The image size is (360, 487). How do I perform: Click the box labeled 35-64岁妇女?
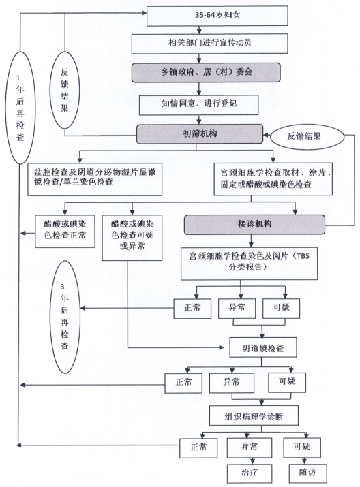(217, 16)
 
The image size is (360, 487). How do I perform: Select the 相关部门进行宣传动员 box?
(210, 44)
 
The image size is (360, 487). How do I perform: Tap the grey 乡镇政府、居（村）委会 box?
(206, 73)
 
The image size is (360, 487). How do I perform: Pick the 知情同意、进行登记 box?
(199, 105)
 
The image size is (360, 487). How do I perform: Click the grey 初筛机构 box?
(200, 134)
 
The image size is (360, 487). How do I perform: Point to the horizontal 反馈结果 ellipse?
(307, 137)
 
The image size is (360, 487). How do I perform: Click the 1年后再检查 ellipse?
(20, 108)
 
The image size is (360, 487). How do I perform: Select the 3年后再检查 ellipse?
(65, 317)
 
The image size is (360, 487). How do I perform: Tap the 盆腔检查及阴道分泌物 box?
(95, 180)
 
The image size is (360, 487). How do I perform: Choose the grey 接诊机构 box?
(254, 224)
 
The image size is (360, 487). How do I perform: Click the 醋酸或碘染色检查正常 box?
(65, 232)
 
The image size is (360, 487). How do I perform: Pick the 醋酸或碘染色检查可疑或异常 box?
(132, 238)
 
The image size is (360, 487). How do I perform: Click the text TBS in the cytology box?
(303, 256)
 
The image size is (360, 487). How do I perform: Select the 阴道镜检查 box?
(263, 348)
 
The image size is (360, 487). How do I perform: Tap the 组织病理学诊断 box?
(254, 415)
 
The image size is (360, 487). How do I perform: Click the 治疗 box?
(250, 473)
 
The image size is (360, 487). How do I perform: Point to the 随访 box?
(307, 473)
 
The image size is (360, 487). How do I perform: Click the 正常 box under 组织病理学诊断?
(198, 447)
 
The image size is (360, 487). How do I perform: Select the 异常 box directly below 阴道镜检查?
(232, 383)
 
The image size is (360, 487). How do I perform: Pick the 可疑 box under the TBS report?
(282, 309)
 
